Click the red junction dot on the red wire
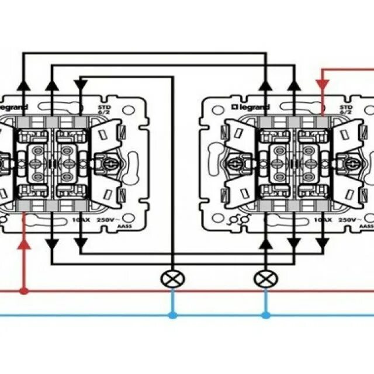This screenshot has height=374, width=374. coord(23,290)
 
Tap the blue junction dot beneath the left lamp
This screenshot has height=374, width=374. coord(172,315)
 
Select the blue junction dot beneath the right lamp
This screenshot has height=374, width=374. coord(266,315)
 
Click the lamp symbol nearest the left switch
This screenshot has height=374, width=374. coord(172,279)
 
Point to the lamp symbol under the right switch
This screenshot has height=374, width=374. coord(266,279)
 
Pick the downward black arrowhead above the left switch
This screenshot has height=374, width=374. coord(81,85)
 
